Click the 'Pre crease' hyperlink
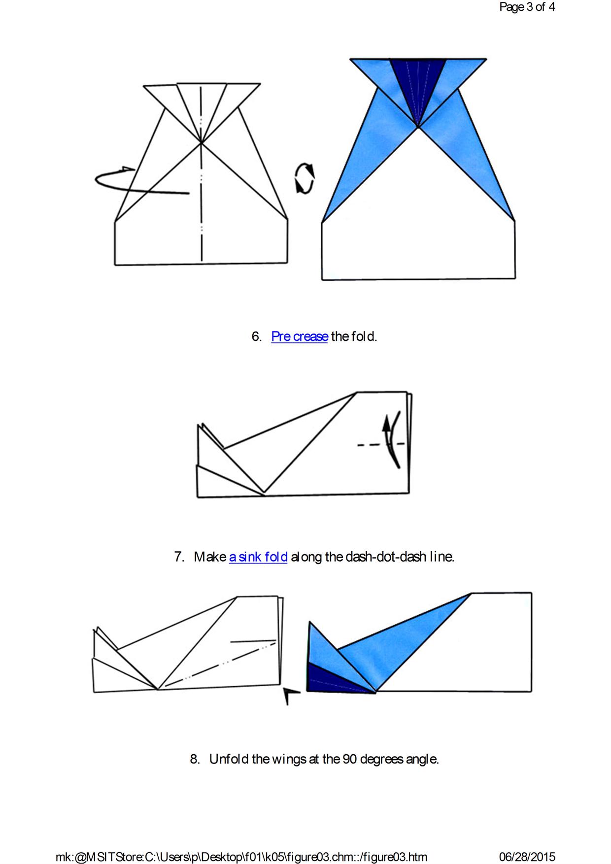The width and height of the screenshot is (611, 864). coord(300,336)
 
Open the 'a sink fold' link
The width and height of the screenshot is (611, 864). coord(258,557)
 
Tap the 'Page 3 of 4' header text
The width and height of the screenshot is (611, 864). coord(527,7)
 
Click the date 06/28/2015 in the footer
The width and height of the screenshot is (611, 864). coord(527,857)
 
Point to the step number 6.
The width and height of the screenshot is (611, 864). coord(256,336)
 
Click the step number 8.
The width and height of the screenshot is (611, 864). coord(195,759)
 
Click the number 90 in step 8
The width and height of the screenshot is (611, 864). coord(350,759)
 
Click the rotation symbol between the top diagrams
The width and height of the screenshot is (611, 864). coord(304,178)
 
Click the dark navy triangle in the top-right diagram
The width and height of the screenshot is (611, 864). coord(418,89)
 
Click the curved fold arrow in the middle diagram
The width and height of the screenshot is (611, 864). coord(391,441)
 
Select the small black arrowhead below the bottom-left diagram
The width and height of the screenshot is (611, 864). coord(289,696)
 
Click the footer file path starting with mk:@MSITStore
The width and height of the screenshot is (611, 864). coord(241,857)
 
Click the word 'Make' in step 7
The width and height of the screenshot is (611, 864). coord(210,557)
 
